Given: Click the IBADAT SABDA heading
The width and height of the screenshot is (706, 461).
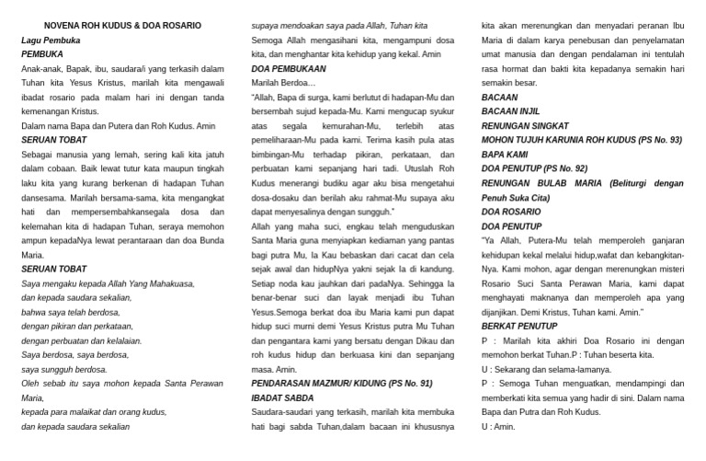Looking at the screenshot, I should click(284, 398).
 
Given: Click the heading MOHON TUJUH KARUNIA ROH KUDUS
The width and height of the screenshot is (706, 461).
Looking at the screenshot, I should click(582, 140).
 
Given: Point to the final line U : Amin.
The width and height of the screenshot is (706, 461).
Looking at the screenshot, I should click(497, 427).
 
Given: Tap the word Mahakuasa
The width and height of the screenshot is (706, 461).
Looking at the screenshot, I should click(164, 283).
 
